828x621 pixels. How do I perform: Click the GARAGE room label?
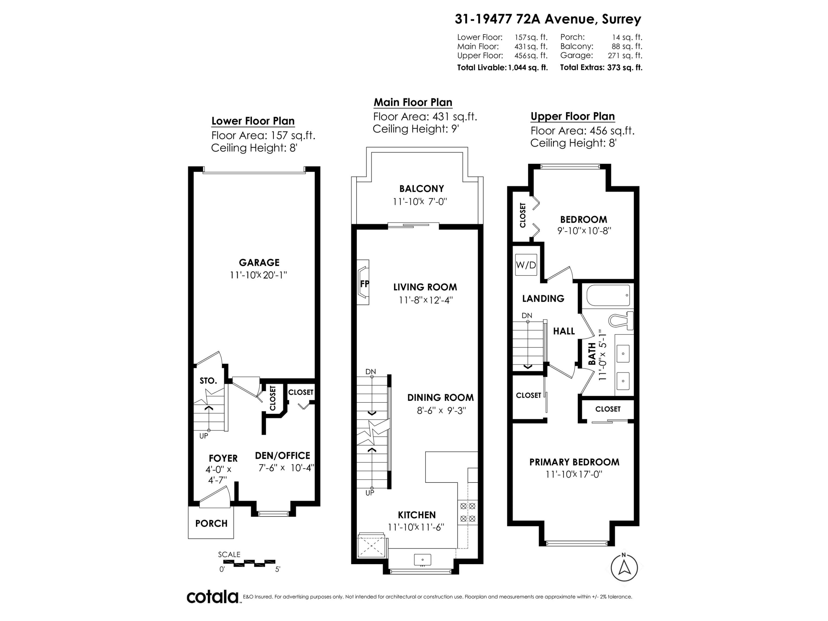click(259, 262)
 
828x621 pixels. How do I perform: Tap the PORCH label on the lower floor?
click(211, 523)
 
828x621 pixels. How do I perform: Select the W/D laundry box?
click(526, 265)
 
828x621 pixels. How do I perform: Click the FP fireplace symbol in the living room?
click(364, 284)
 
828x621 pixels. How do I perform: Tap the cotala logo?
click(213, 597)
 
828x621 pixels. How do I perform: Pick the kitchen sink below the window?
click(422, 560)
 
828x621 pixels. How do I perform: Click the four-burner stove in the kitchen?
click(468, 512)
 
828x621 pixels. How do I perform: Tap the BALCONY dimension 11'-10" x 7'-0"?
click(420, 202)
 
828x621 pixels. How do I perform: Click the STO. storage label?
click(208, 381)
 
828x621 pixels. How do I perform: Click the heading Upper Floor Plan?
click(572, 116)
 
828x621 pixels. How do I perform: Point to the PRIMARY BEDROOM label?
click(574, 462)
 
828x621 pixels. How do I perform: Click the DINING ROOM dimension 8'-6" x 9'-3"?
click(441, 411)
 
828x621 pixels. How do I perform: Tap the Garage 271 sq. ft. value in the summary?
click(625, 55)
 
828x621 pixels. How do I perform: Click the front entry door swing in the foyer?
click(214, 498)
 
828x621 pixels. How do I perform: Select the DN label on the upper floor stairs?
click(527, 315)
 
